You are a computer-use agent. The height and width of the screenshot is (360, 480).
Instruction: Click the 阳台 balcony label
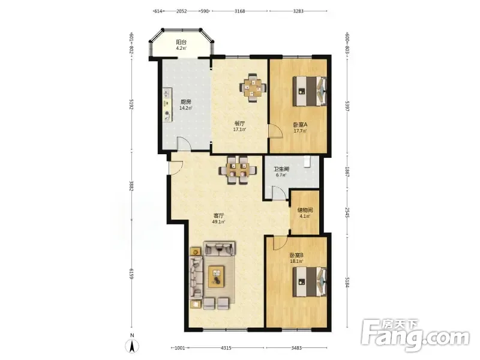[181, 42]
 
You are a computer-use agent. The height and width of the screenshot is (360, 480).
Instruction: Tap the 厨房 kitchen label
[185, 102]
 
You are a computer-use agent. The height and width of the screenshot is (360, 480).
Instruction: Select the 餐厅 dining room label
[239, 124]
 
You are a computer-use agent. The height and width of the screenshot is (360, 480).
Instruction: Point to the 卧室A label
[300, 125]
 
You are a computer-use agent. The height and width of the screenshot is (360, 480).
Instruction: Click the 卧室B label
[296, 255]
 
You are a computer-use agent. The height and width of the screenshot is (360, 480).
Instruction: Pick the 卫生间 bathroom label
[281, 169]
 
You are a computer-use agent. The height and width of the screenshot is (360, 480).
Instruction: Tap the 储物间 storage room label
[305, 211]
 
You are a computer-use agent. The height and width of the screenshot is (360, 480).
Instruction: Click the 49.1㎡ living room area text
[218, 222]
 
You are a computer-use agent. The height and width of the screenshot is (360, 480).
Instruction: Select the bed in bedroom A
[310, 91]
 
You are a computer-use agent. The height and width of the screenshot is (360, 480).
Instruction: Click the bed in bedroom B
[310, 281]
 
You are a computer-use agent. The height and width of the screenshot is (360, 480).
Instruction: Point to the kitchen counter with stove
[167, 105]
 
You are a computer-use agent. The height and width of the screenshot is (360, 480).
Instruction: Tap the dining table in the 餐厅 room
[253, 88]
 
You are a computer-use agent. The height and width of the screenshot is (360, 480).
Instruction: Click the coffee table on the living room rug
[217, 277]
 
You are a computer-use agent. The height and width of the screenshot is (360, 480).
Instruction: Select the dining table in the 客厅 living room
[238, 170]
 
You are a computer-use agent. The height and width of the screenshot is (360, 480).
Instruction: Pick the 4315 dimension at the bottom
[226, 348]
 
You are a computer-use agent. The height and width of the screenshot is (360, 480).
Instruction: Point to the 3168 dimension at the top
[239, 11]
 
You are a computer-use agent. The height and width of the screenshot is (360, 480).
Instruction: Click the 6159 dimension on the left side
[131, 274]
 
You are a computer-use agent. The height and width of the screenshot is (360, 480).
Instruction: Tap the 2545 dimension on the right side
[347, 213]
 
